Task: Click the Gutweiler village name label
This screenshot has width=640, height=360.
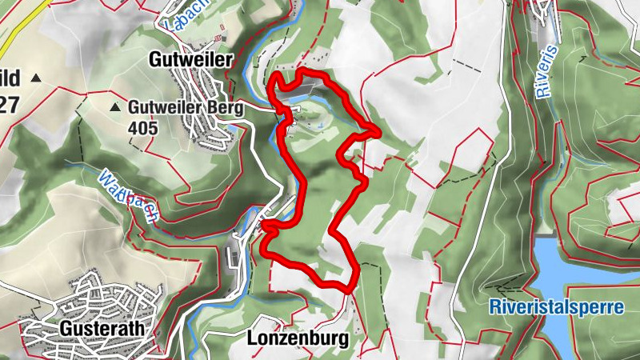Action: point(190,59)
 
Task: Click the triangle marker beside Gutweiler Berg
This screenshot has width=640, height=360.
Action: point(115,106)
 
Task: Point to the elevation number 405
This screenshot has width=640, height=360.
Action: point(142,126)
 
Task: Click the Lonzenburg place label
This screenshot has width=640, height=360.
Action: point(298,338)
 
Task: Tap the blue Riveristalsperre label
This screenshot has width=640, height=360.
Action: point(557,306)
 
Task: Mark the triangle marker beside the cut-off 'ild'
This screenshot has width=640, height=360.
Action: point(35,78)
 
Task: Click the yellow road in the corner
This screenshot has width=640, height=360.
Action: point(20,24)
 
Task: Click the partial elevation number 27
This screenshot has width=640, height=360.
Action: point(10,105)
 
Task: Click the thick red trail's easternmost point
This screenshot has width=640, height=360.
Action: point(378,130)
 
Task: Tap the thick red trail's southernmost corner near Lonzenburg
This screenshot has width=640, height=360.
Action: point(349,286)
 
